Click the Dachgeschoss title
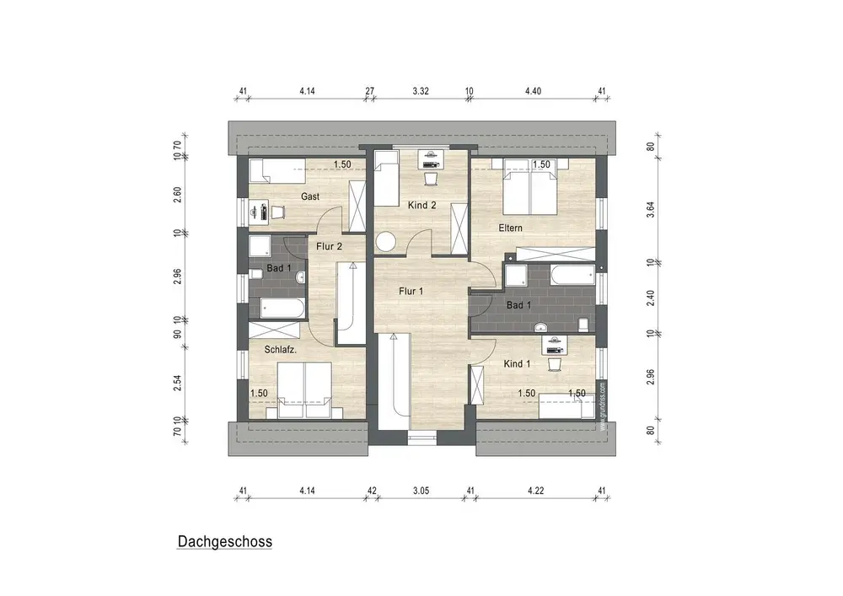225,542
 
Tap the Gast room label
310,196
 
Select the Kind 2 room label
422,206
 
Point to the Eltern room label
510,228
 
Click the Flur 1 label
411,292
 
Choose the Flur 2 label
329,247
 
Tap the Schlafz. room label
280,349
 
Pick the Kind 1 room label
518,364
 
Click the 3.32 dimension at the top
421,91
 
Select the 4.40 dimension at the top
533,91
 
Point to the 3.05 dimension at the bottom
421,491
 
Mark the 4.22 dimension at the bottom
536,491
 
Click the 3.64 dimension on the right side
651,209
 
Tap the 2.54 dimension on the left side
177,383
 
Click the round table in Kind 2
385,241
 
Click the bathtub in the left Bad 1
282,309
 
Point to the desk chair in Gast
277,212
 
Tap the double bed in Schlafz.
305,390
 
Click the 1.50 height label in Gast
342,164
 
